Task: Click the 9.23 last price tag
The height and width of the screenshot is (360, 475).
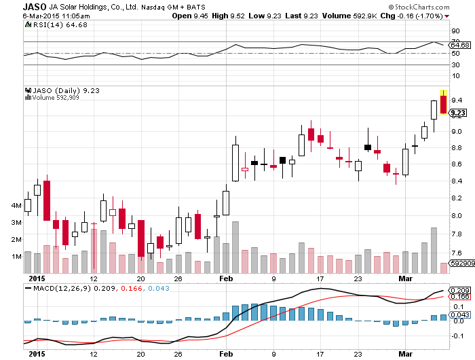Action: [458, 113]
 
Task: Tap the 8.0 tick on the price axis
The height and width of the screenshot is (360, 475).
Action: [457, 216]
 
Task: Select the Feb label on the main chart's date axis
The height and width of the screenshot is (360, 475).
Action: [226, 278]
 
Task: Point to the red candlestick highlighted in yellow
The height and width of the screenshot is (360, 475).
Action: [443, 103]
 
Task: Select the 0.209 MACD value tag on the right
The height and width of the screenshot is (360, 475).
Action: [459, 290]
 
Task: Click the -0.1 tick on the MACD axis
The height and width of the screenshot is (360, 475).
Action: [457, 335]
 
